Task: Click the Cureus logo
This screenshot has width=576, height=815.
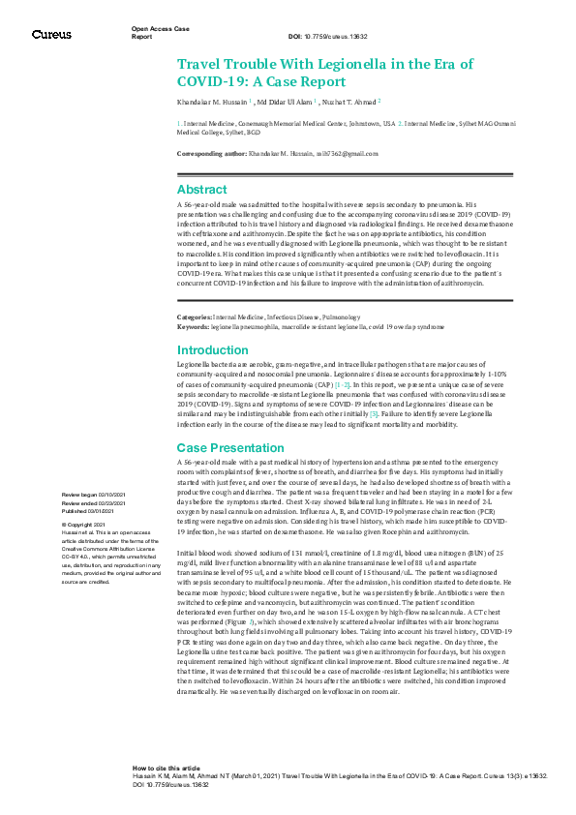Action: point(51,35)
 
